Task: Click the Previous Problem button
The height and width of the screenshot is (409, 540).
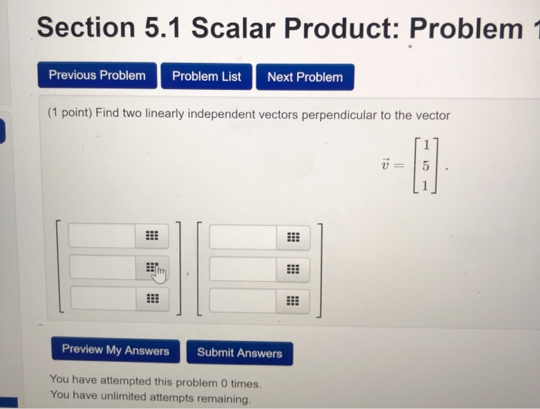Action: click(97, 75)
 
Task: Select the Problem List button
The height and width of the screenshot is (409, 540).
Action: click(206, 76)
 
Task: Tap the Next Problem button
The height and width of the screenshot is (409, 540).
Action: click(305, 77)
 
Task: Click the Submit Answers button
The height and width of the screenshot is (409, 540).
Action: click(239, 353)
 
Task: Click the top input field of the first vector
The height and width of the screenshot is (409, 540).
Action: click(103, 236)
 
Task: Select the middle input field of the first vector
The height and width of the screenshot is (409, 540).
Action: click(103, 267)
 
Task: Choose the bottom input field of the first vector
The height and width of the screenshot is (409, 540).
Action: click(103, 297)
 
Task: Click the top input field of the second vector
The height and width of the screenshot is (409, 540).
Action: click(242, 237)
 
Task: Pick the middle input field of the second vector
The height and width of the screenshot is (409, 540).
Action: click(242, 269)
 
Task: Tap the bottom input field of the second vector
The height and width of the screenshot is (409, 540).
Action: click(242, 300)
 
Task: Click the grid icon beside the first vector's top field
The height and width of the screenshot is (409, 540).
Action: click(152, 236)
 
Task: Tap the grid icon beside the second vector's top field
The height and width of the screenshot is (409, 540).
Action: click(292, 237)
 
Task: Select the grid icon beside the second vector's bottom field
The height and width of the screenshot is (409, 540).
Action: click(292, 301)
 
